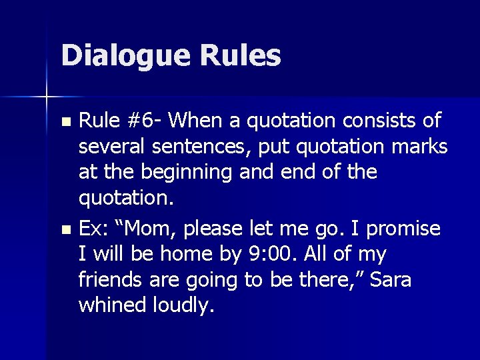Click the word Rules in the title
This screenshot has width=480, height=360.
(x=239, y=56)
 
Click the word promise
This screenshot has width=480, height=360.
(x=404, y=229)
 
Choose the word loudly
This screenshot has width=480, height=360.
(x=182, y=306)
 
